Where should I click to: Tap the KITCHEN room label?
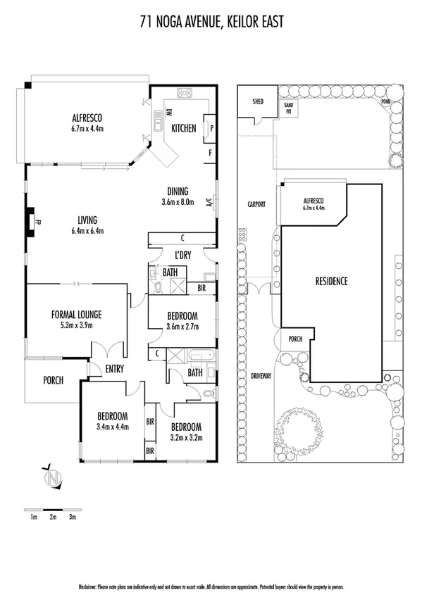184,128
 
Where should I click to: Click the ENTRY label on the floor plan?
115,368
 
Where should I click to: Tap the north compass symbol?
51,478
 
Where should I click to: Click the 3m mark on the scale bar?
72,517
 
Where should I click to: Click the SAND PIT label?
288,107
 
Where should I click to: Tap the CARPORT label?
256,204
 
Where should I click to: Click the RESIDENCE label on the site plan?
331,282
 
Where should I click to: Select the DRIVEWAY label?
261,377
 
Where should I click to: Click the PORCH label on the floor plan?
53,380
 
